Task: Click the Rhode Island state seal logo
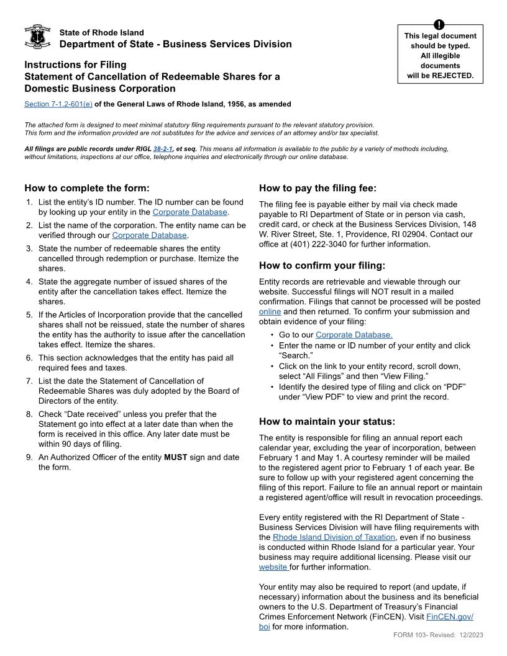point(37,37)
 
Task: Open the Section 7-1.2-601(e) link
point(58,104)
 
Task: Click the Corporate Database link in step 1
point(190,212)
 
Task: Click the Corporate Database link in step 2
point(149,235)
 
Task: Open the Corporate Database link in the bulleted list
point(354,335)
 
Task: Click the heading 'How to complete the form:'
point(87,188)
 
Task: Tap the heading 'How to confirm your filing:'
point(322,266)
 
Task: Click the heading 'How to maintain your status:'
point(327,421)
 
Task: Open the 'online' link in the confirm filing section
point(270,312)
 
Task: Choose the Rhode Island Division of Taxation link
point(334,537)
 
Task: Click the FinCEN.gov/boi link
point(449,617)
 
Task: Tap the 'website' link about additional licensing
point(273,567)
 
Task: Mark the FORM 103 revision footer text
point(438,635)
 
